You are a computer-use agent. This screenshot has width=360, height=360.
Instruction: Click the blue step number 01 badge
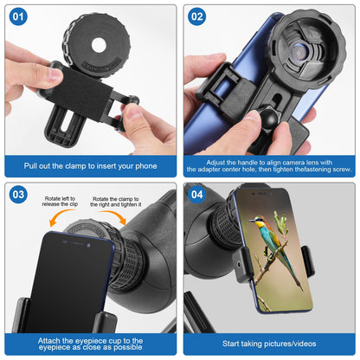coord(18,16)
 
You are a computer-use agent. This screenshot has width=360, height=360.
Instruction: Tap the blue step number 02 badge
coord(197,16)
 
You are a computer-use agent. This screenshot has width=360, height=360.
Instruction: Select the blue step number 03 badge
coord(18,195)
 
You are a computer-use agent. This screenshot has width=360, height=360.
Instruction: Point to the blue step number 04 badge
coord(197,195)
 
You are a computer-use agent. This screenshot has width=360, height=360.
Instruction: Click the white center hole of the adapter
coord(99,45)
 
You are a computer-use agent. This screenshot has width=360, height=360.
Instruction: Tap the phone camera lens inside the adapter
coord(299,52)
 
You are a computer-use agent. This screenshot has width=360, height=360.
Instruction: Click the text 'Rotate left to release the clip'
coord(60,202)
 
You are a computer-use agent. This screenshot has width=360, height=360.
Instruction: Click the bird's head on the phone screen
coord(258,221)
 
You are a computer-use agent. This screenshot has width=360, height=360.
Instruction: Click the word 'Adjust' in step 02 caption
coord(215,163)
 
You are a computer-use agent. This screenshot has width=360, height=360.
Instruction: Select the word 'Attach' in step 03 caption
coord(49,341)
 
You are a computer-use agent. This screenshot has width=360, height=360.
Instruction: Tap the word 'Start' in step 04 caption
coord(230,344)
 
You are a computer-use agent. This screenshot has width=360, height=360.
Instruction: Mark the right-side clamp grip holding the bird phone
coord(308,261)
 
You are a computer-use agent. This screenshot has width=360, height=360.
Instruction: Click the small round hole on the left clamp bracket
coord(239,264)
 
